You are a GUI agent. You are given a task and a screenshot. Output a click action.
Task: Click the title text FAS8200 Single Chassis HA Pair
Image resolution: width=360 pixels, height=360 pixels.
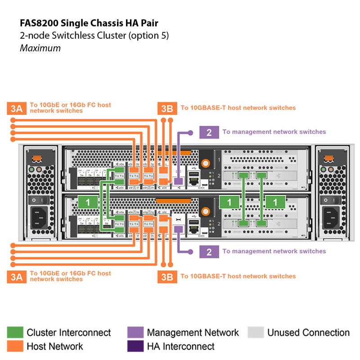(89, 22)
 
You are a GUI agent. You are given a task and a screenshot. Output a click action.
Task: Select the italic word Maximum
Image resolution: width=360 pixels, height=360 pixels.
(40, 48)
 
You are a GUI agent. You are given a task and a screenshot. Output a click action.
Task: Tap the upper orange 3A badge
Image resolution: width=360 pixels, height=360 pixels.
(16, 108)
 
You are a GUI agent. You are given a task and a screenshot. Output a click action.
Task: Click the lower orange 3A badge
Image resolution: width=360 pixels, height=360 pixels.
(16, 276)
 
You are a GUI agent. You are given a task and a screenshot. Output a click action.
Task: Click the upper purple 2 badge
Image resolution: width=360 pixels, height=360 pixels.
(209, 132)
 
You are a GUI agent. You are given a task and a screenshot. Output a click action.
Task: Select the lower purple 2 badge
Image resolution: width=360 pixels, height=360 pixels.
(209, 252)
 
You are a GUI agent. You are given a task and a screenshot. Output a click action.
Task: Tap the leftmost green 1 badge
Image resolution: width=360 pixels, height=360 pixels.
(88, 202)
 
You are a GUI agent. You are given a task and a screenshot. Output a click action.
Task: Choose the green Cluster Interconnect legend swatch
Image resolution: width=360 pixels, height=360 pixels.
(15, 333)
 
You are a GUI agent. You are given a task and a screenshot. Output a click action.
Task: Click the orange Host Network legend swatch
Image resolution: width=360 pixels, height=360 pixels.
(15, 346)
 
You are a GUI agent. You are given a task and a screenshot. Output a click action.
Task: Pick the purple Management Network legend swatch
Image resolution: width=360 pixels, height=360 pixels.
(135, 333)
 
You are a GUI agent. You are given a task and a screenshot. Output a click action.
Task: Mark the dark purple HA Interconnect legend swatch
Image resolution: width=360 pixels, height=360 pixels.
(135, 346)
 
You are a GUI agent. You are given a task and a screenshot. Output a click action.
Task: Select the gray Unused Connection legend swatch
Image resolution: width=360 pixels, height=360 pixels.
(256, 333)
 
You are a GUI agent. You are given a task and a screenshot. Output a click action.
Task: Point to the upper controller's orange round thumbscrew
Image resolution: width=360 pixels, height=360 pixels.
(206, 163)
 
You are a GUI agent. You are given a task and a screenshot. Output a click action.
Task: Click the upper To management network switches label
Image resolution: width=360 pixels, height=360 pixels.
(274, 132)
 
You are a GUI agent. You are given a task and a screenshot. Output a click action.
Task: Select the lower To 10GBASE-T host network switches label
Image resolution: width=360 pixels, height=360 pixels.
(238, 276)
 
